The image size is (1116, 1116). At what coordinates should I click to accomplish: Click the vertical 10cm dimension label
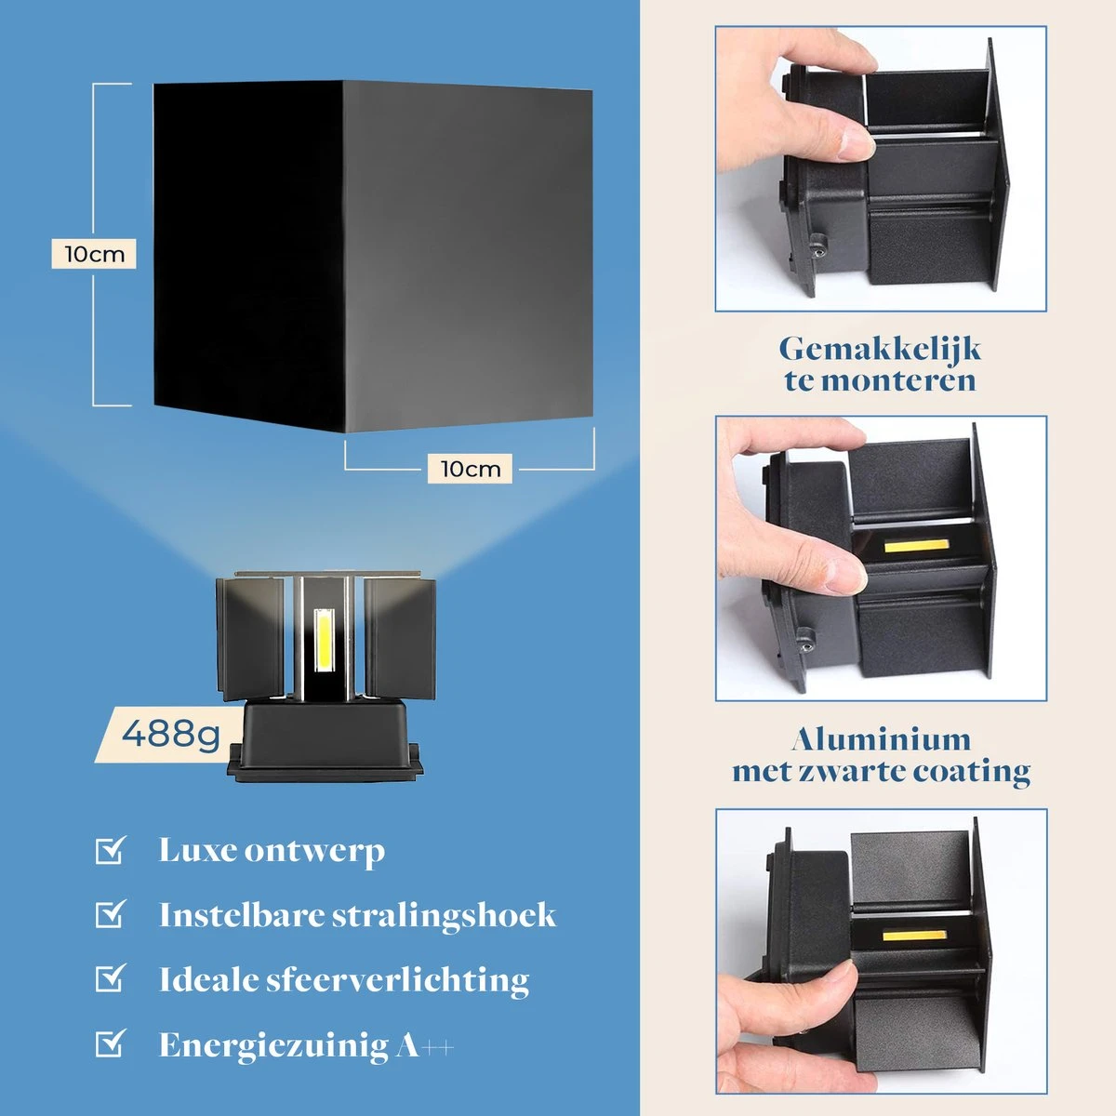94,254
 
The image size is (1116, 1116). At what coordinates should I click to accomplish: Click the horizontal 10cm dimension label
470,468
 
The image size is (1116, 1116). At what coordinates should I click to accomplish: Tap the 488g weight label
171,735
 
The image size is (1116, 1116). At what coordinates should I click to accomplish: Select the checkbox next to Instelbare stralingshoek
110,914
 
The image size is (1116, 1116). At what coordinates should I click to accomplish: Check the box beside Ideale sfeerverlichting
110,978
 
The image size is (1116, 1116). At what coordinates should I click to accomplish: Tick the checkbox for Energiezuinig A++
110,1043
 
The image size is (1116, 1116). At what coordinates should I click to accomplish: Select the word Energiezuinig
273,1045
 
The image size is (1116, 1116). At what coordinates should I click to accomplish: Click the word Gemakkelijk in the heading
880,350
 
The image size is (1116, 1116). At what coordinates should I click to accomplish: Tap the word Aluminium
881,739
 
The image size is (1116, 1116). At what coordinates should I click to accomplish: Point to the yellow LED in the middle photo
914,545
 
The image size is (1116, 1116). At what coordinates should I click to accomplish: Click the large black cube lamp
372,256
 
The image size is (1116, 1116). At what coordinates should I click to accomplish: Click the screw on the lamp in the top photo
817,248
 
